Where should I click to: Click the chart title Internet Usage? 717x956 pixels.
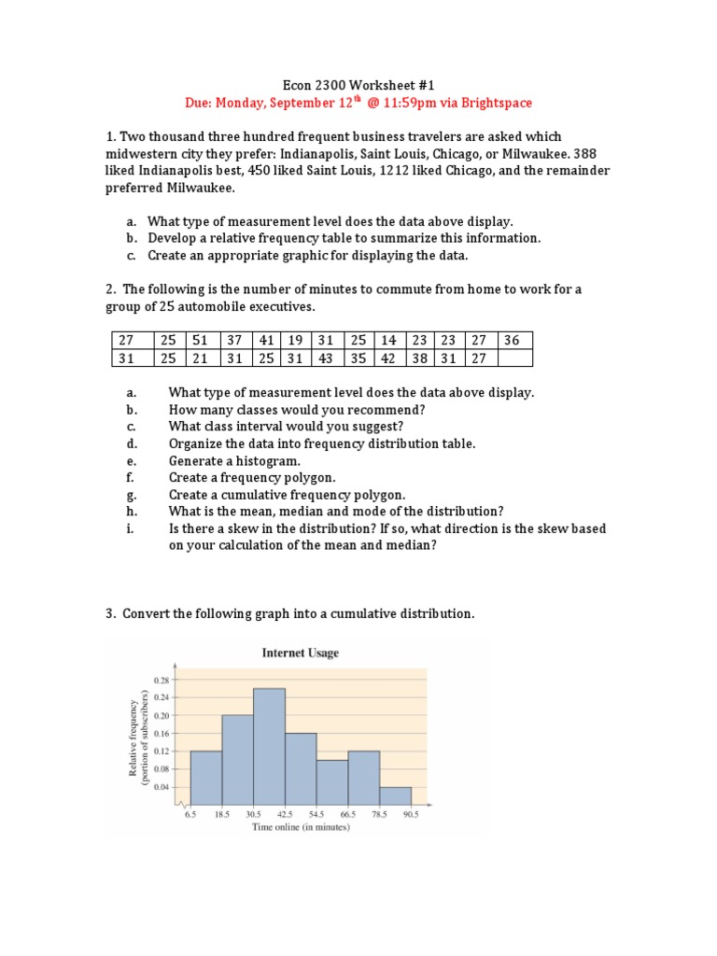tap(299, 654)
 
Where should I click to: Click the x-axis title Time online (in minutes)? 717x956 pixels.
tap(301, 827)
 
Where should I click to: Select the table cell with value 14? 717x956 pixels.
tap(389, 341)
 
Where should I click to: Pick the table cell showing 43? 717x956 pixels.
tap(324, 358)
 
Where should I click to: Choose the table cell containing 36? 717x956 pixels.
tap(511, 341)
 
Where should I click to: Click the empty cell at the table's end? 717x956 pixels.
tap(515, 358)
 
